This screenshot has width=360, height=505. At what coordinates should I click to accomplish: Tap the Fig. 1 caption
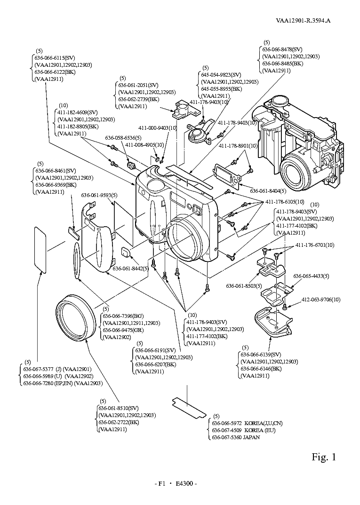(x=324, y=457)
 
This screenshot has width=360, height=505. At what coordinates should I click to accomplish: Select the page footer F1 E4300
(x=176, y=483)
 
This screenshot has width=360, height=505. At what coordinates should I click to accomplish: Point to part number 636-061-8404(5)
(x=265, y=191)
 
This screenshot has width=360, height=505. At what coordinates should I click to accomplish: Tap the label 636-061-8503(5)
(x=244, y=285)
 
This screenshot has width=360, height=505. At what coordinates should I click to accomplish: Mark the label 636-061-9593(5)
(x=99, y=195)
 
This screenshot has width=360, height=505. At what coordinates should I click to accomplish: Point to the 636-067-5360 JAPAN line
(x=236, y=437)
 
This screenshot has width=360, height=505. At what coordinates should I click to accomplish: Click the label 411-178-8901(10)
(x=238, y=146)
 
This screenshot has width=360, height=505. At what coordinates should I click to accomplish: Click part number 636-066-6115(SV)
(x=51, y=57)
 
